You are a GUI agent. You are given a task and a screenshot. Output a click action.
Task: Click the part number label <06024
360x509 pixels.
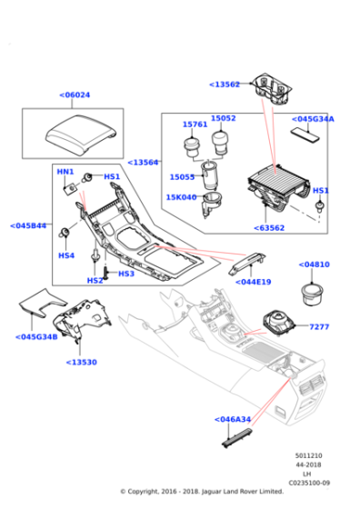click(75, 95)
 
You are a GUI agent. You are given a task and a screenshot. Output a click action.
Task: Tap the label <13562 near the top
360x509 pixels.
click(225, 84)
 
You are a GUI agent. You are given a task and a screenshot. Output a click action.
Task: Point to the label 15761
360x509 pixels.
click(195, 125)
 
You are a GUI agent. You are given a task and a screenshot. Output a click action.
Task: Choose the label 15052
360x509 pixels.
click(224, 118)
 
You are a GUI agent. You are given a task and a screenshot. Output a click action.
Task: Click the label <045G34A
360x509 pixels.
click(313, 118)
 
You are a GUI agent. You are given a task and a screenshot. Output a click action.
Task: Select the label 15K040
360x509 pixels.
click(181, 197)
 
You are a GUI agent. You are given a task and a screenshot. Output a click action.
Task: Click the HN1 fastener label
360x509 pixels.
click(65, 172)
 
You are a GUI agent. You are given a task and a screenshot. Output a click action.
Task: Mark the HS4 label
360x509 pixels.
click(66, 255)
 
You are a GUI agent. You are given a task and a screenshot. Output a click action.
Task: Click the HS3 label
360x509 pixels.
click(125, 273)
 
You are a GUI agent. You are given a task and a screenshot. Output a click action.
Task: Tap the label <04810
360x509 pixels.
click(315, 265)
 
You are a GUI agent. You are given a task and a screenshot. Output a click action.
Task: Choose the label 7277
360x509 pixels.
click(318, 326)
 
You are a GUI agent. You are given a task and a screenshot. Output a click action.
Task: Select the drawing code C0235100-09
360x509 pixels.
click(311, 483)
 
